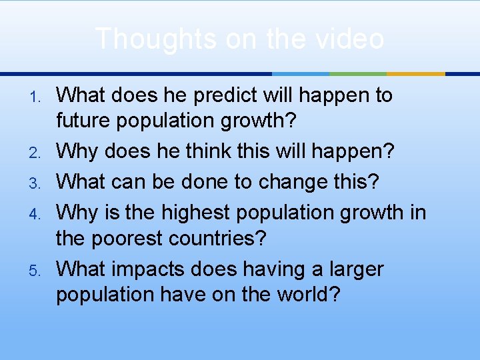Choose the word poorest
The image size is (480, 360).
(x=123, y=237)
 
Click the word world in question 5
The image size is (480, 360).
(x=301, y=295)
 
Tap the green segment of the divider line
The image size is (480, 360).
(x=358, y=73)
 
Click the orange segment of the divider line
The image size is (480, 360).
(x=416, y=73)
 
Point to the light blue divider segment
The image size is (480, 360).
(x=301, y=73)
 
